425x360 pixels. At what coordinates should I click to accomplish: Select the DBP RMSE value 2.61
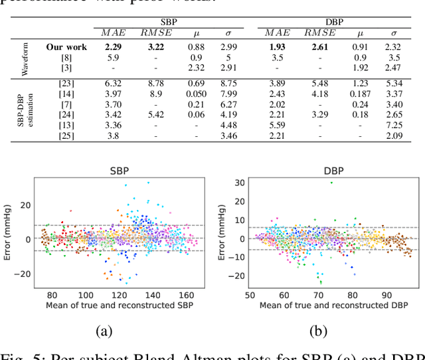pyautogui.click(x=319, y=47)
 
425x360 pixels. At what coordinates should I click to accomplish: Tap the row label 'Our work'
pyautogui.click(x=66, y=47)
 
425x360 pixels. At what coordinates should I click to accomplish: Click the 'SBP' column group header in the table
pyautogui.click(x=169, y=22)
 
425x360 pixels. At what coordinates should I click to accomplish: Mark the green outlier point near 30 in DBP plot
pyautogui.click(x=331, y=183)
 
